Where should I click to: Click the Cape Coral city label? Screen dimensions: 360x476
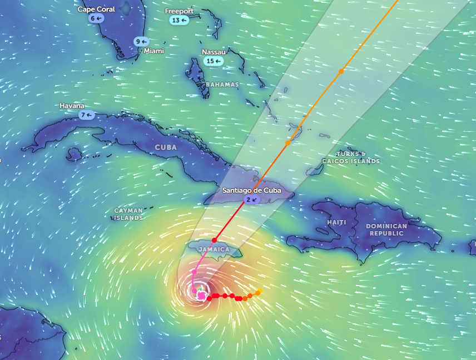(96, 9)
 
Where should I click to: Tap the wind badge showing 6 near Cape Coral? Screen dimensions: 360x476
(96, 18)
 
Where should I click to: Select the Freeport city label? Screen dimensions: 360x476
(179, 11)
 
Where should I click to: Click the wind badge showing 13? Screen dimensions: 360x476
(179, 20)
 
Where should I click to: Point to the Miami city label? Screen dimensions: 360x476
(154, 51)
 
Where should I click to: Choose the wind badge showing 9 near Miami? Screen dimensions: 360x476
(141, 41)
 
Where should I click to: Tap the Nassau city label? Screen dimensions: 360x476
(214, 52)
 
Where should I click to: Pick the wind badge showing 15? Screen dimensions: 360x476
(212, 61)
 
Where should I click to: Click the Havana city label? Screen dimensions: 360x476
(72, 106)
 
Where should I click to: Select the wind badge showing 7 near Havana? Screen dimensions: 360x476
(86, 115)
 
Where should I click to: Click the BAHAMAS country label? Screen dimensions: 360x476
(222, 84)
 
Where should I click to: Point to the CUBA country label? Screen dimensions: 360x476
(166, 147)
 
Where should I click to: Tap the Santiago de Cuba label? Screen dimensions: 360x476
(251, 191)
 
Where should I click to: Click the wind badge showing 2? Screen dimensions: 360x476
(251, 199)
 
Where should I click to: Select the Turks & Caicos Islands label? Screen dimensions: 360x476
(351, 157)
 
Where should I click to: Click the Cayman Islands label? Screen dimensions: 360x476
(128, 214)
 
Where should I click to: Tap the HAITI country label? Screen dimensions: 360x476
(336, 222)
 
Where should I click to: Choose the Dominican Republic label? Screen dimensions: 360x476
(386, 229)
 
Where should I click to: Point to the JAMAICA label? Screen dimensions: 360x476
(214, 249)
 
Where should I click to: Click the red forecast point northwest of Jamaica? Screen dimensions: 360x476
(214, 239)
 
